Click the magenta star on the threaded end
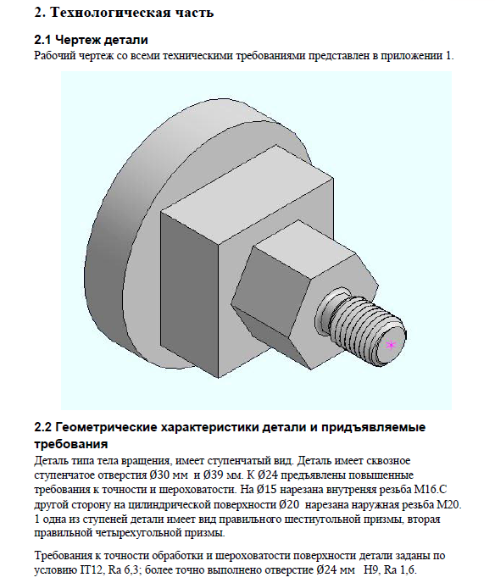pyautogui.click(x=391, y=345)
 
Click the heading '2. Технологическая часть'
pyautogui.click(x=124, y=12)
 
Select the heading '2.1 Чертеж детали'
pyautogui.click(x=91, y=40)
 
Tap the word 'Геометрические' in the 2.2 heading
pyautogui.click(x=105, y=427)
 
